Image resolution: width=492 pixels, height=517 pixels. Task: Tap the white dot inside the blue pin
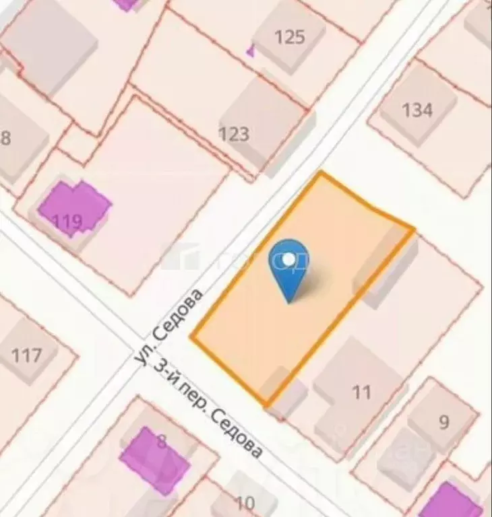tap(289, 258)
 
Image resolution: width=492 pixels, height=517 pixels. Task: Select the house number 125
tap(290, 36)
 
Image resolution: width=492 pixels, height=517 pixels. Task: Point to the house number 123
tap(234, 134)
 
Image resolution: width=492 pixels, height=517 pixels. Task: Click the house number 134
tap(417, 109)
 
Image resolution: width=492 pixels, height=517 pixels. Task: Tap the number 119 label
tap(67, 221)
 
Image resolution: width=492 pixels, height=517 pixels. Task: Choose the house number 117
tap(27, 355)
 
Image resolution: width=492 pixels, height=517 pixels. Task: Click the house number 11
tap(362, 392)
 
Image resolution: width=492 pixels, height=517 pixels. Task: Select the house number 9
tap(443, 422)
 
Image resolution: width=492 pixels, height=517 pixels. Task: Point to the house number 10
tap(245, 502)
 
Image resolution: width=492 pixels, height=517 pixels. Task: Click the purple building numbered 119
tap(74, 205)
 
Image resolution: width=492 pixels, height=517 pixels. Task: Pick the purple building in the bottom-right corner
tap(450, 501)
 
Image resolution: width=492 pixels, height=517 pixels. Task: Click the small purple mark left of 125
tap(251, 50)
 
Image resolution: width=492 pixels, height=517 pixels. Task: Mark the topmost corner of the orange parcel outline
tap(321, 172)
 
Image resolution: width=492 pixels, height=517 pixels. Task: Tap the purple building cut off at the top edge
tap(126, 3)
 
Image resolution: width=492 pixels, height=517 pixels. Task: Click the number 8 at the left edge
tap(6, 139)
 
